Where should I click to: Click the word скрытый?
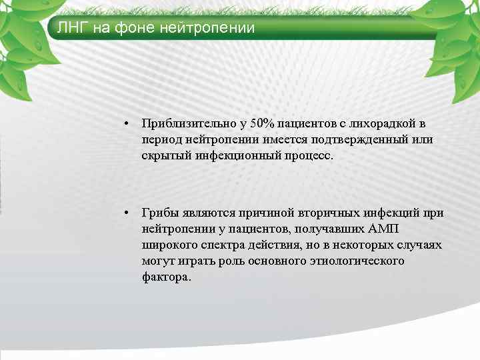(161, 155)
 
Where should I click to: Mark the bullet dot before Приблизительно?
(125, 124)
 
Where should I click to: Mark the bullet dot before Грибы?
(125, 213)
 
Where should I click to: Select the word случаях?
(421, 245)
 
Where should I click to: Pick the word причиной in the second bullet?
(266, 213)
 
